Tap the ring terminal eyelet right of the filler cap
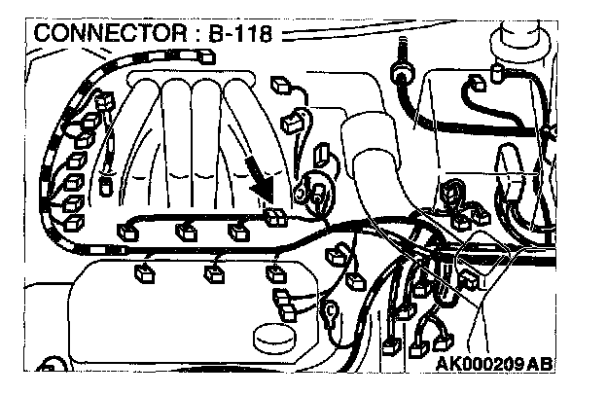click(x=332, y=313)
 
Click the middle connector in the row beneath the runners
click(x=182, y=232)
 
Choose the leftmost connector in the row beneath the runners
click(x=126, y=232)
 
